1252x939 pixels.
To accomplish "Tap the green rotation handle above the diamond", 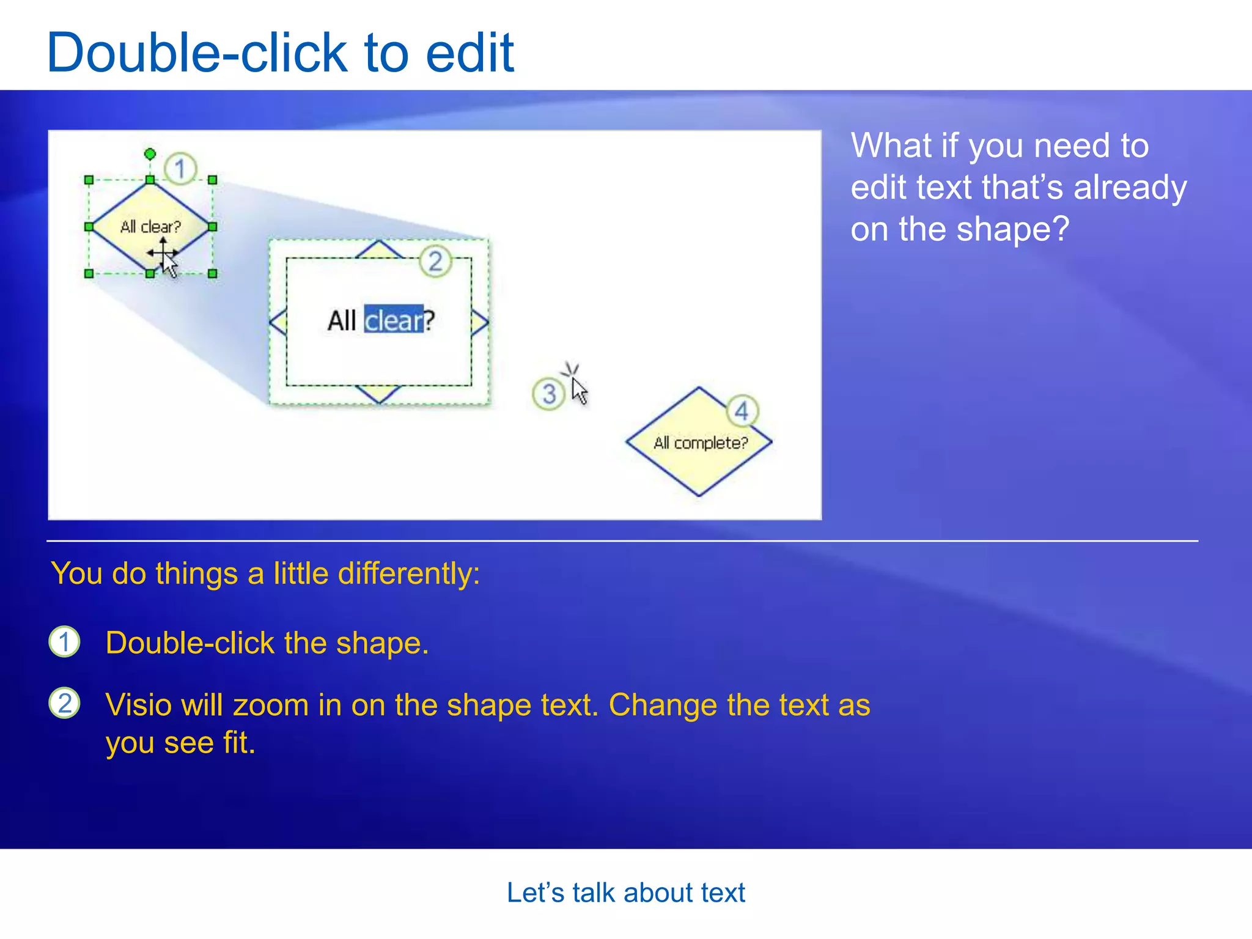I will [x=150, y=153].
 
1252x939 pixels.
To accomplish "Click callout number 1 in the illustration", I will [x=180, y=168].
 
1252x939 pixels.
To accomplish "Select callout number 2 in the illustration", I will [x=435, y=262].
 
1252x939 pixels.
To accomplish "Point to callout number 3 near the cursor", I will [x=548, y=394].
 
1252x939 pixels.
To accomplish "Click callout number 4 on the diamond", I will [x=742, y=411].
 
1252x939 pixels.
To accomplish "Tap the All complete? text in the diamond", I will [x=701, y=443].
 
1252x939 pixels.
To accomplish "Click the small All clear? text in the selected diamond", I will [x=150, y=227].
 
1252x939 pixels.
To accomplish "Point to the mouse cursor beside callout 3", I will [x=578, y=390].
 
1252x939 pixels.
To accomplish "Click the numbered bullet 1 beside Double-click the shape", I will [x=64, y=642].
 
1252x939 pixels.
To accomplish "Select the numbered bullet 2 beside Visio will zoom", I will [x=64, y=703].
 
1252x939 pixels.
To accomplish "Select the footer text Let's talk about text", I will [x=625, y=893].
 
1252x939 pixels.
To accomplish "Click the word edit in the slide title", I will [x=469, y=53].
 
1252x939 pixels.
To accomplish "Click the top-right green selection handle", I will [x=212, y=180].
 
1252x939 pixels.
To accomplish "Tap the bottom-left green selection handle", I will [x=89, y=273].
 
